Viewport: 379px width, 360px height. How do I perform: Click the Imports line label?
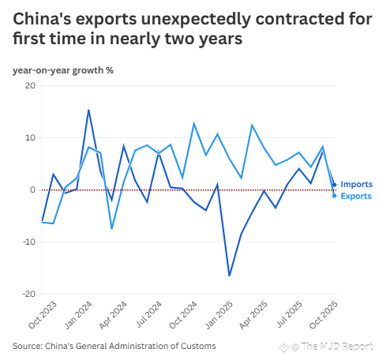tap(356, 184)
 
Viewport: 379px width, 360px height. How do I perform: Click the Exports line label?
tap(356, 196)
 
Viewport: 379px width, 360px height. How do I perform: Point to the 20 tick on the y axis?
tap(30, 86)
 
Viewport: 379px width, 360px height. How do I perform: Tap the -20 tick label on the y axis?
tap(28, 294)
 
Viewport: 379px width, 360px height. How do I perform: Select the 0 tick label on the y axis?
tap(32, 189)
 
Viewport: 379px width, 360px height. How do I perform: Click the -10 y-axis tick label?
tap(29, 242)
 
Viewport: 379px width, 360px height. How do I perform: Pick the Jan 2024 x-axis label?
tap(78, 315)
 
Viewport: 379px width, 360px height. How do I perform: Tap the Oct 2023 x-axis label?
tap(43, 315)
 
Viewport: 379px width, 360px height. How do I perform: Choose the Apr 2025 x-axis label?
tap(253, 315)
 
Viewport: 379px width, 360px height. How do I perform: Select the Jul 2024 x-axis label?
tap(148, 314)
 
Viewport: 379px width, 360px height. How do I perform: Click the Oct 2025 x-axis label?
tap(324, 315)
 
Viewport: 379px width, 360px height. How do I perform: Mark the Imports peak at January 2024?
tap(88, 110)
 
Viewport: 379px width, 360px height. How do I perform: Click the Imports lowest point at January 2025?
tap(229, 276)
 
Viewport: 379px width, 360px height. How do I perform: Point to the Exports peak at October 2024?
tap(194, 123)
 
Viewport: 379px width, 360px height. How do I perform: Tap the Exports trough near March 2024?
tap(112, 228)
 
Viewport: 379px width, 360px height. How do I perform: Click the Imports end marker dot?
tap(334, 185)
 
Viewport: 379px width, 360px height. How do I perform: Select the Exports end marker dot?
tap(334, 196)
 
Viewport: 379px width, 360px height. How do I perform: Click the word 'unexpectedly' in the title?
tap(196, 20)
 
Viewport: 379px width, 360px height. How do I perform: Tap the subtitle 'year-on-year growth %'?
tap(63, 70)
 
